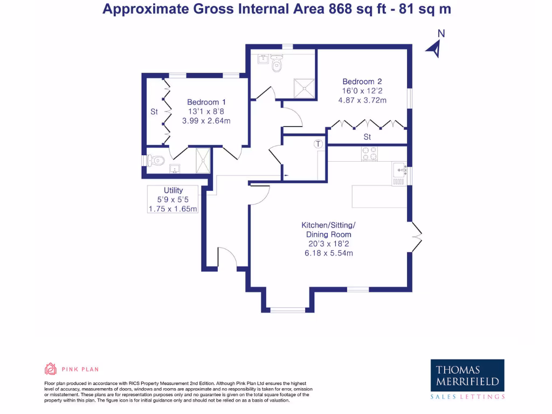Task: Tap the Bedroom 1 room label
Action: pyautogui.click(x=206, y=102)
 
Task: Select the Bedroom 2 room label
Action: pyautogui.click(x=362, y=81)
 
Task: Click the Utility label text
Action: pyautogui.click(x=174, y=190)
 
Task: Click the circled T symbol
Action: pyautogui.click(x=319, y=144)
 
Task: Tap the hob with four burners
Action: pyautogui.click(x=369, y=154)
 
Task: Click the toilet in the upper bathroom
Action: pyautogui.click(x=277, y=65)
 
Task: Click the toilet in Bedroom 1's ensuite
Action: pyautogui.click(x=156, y=160)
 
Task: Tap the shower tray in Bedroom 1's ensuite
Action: pyautogui.click(x=204, y=160)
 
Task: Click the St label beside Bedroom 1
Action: pyautogui.click(x=154, y=112)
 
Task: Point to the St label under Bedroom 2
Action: pyautogui.click(x=368, y=137)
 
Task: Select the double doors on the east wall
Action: pyautogui.click(x=416, y=236)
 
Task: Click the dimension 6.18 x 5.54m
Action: pyautogui.click(x=328, y=253)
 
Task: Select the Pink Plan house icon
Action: pyautogui.click(x=50, y=369)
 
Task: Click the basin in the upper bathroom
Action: pyautogui.click(x=264, y=59)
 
